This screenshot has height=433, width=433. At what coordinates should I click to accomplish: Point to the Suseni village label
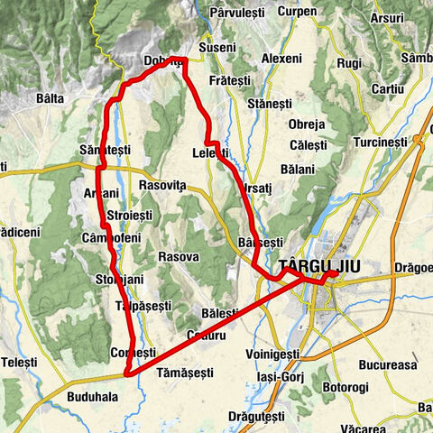(217, 46)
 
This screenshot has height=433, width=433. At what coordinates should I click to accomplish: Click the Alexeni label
(281, 58)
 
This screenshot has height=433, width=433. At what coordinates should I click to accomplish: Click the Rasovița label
(162, 185)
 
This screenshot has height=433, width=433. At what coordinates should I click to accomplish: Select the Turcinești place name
(382, 143)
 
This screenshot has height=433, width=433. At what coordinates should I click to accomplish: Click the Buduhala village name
(89, 395)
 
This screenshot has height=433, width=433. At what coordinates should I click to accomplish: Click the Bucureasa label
(386, 366)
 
